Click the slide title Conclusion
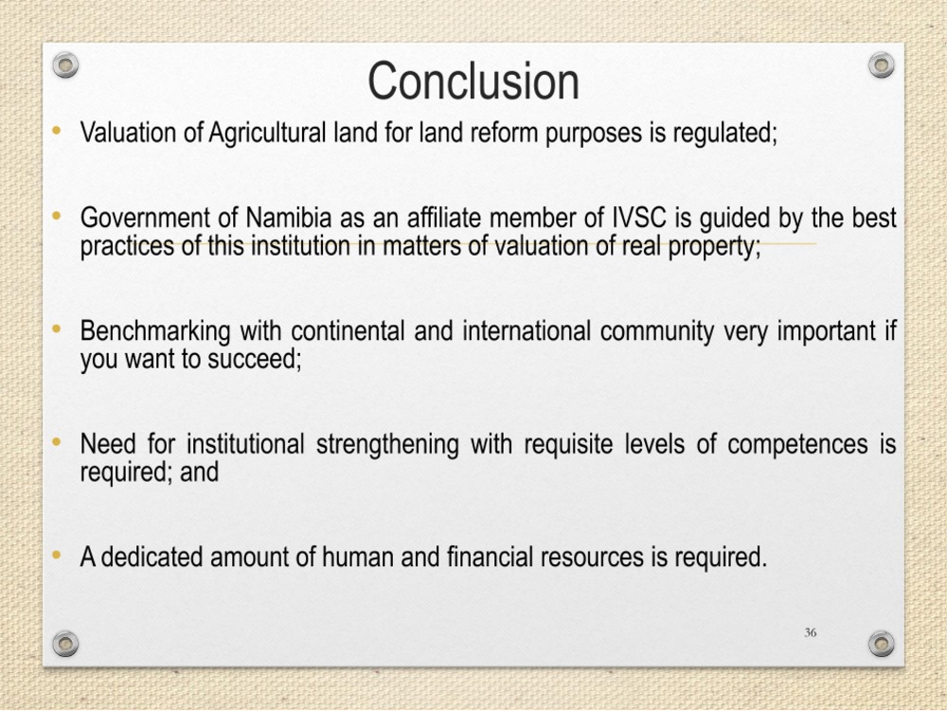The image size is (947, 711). click(x=473, y=80)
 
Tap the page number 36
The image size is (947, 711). click(x=811, y=632)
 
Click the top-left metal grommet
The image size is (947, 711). click(x=65, y=64)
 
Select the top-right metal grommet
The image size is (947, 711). click(x=881, y=64)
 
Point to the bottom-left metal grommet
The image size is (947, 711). click(x=65, y=644)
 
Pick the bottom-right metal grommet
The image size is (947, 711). click(x=881, y=644)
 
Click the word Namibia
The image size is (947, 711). click(x=289, y=218)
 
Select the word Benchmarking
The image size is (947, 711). click(x=155, y=331)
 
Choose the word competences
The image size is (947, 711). click(x=797, y=445)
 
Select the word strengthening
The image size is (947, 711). click(x=387, y=445)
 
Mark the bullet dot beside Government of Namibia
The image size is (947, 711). click(x=57, y=215)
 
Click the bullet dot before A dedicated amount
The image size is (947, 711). click(x=57, y=554)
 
